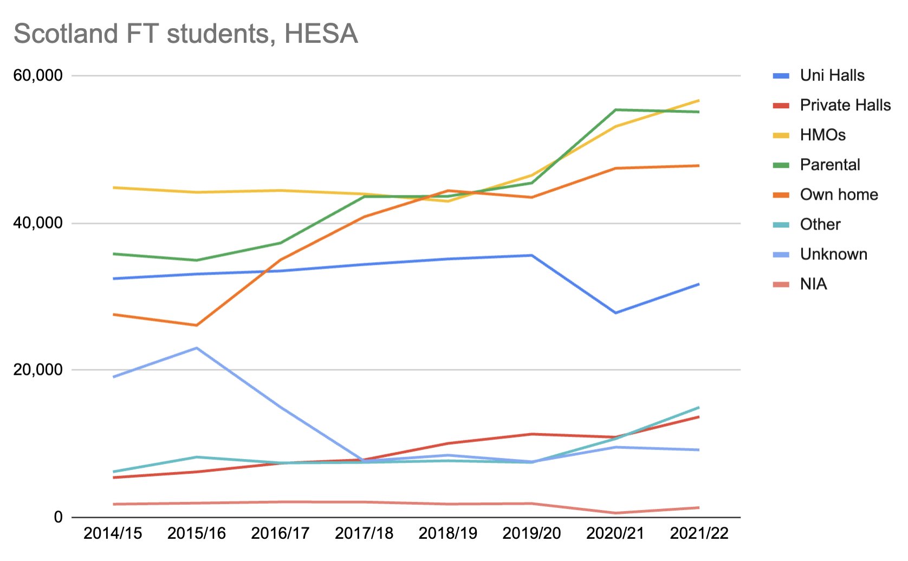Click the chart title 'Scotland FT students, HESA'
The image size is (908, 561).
click(185, 34)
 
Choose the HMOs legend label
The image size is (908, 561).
click(822, 135)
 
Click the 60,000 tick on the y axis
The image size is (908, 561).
click(38, 75)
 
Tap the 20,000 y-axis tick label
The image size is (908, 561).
click(38, 370)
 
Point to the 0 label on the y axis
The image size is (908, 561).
click(59, 517)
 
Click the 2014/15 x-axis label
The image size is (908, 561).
click(113, 533)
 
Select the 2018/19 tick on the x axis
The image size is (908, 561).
click(448, 533)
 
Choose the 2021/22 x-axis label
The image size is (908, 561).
click(699, 533)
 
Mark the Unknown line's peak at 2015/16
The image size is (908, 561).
click(197, 348)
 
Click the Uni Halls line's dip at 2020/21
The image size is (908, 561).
click(615, 313)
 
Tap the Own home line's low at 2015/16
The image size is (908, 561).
click(197, 325)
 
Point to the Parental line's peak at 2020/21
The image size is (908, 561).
click(615, 110)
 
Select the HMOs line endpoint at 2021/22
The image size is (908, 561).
click(699, 100)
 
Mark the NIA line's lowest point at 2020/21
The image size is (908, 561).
click(615, 513)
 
